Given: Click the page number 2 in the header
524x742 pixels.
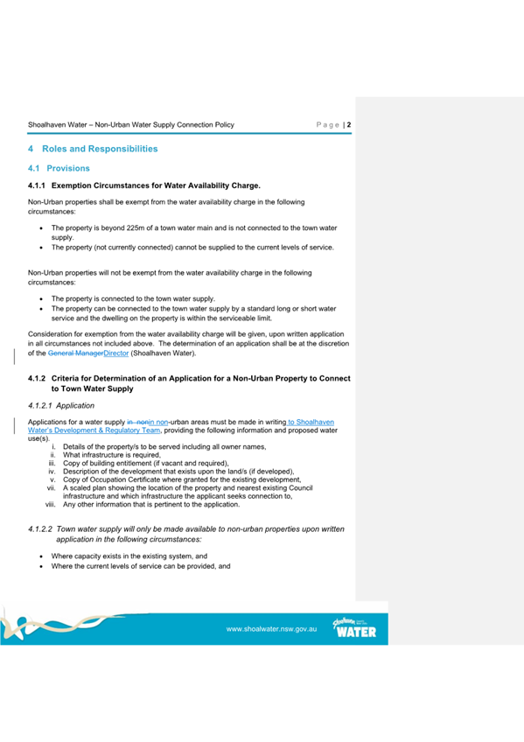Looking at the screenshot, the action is (x=349, y=125).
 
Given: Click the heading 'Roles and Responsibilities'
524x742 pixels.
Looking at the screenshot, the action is (x=100, y=149).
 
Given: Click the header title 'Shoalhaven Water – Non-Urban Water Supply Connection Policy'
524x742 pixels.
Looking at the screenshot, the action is (x=131, y=125).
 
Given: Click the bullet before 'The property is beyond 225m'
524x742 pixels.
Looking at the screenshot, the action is (x=41, y=227).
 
